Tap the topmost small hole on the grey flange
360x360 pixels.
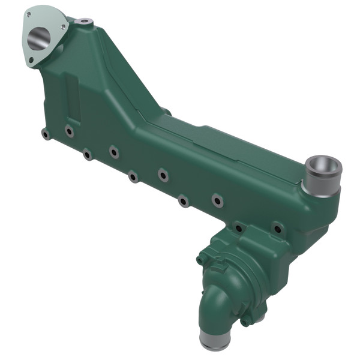pyautogui.click(x=28, y=14)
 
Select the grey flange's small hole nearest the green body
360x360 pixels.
pyautogui.click(x=63, y=26)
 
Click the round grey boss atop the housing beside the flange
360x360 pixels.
pyautogui.click(x=84, y=22)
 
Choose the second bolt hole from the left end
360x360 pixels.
pyautogui.click(x=70, y=130)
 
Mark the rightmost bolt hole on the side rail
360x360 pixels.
pyautogui.click(x=277, y=227)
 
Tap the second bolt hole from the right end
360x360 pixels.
pyautogui.click(x=239, y=228)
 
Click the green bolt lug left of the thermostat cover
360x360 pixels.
pyautogui.click(x=201, y=259)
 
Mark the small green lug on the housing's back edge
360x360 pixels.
pyautogui.click(x=166, y=111)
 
